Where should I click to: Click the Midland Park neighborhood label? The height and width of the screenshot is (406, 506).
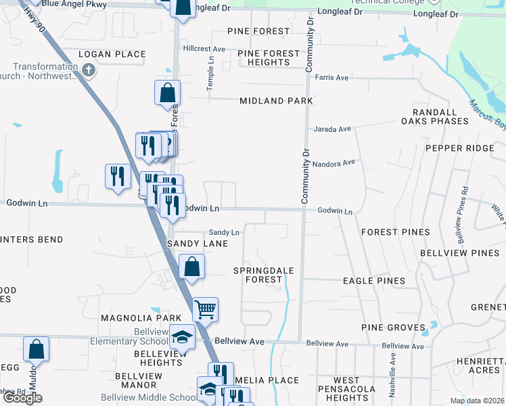(276, 101)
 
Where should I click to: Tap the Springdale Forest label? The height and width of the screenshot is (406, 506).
(263, 275)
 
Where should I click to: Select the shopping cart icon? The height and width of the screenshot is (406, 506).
(205, 310)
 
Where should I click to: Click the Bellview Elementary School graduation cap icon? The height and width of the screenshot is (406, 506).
(181, 336)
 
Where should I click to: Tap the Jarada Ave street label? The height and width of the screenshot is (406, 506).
(331, 129)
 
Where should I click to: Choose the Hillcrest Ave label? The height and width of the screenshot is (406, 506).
(204, 49)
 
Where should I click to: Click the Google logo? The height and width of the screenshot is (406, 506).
(23, 398)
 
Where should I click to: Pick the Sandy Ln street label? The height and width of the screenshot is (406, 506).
(224, 232)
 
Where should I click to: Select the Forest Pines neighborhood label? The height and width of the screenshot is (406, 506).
(395, 232)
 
